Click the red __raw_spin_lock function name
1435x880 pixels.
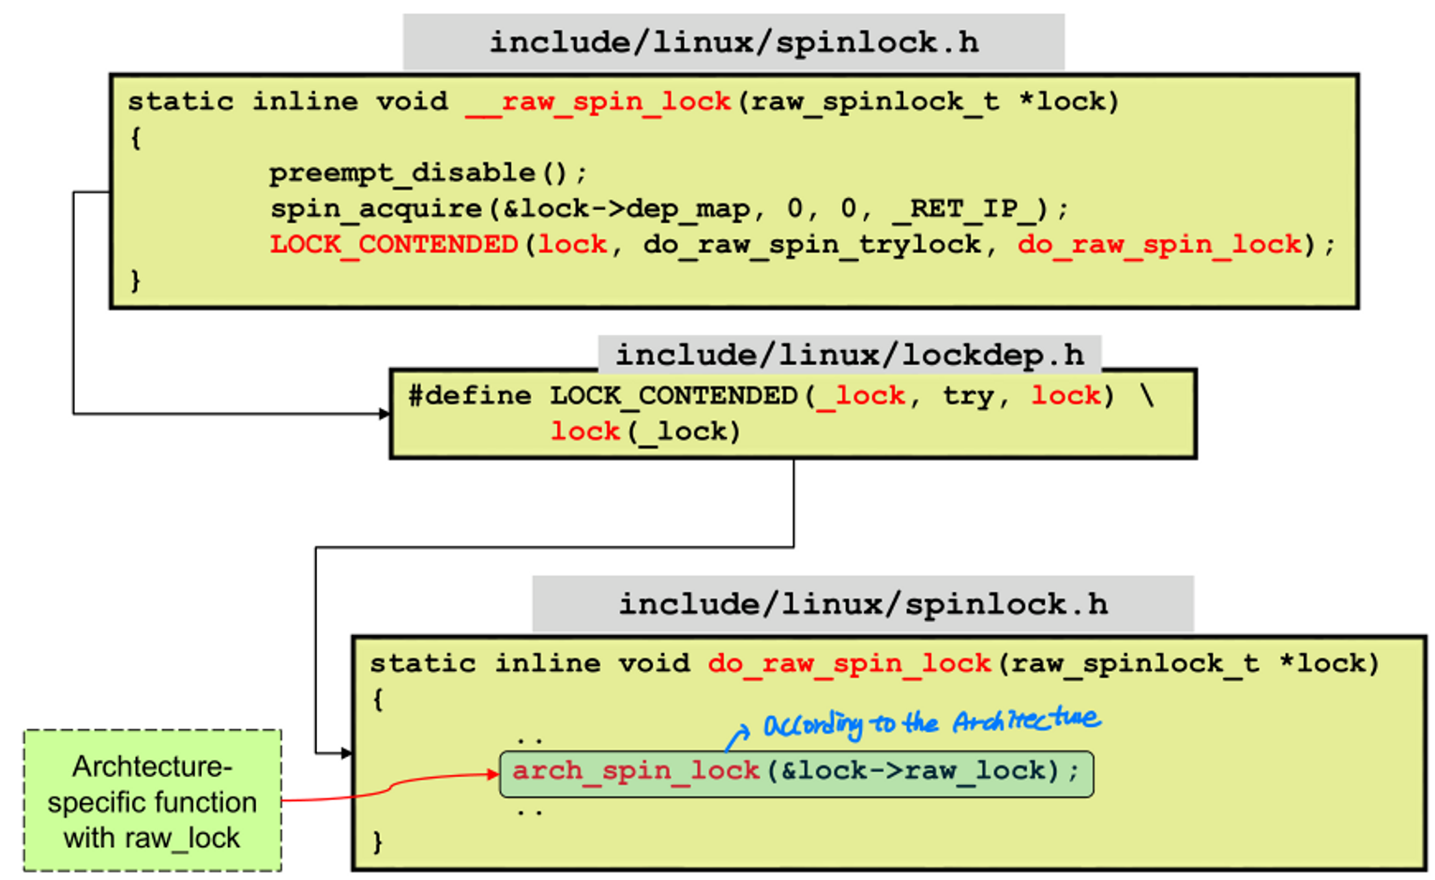(597, 101)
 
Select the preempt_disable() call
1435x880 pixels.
(427, 173)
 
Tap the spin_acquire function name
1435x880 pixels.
(376, 208)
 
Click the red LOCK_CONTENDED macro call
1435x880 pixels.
(394, 244)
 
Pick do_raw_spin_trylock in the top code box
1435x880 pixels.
(811, 244)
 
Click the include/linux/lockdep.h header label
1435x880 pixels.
(849, 355)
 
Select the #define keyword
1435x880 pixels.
(469, 395)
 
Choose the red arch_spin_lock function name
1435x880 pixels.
(635, 770)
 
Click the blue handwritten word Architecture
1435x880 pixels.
(1026, 721)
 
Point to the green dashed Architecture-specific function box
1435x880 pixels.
(152, 800)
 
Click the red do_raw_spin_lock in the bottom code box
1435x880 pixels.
(849, 663)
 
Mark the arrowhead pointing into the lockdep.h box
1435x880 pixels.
(385, 414)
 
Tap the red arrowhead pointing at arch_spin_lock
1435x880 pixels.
(492, 774)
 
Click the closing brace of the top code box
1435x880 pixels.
(136, 280)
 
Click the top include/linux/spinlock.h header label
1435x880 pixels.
(733, 42)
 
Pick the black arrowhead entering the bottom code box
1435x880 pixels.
(346, 752)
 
